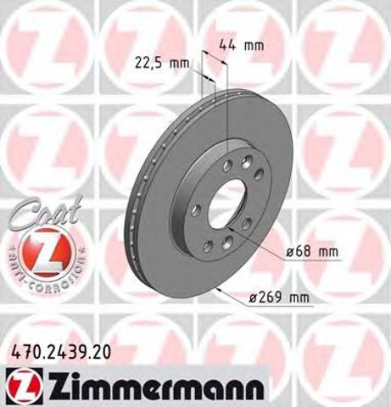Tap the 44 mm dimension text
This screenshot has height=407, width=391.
(x=236, y=45)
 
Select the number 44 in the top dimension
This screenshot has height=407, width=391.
(x=226, y=45)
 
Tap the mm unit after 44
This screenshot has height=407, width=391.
(x=248, y=45)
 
